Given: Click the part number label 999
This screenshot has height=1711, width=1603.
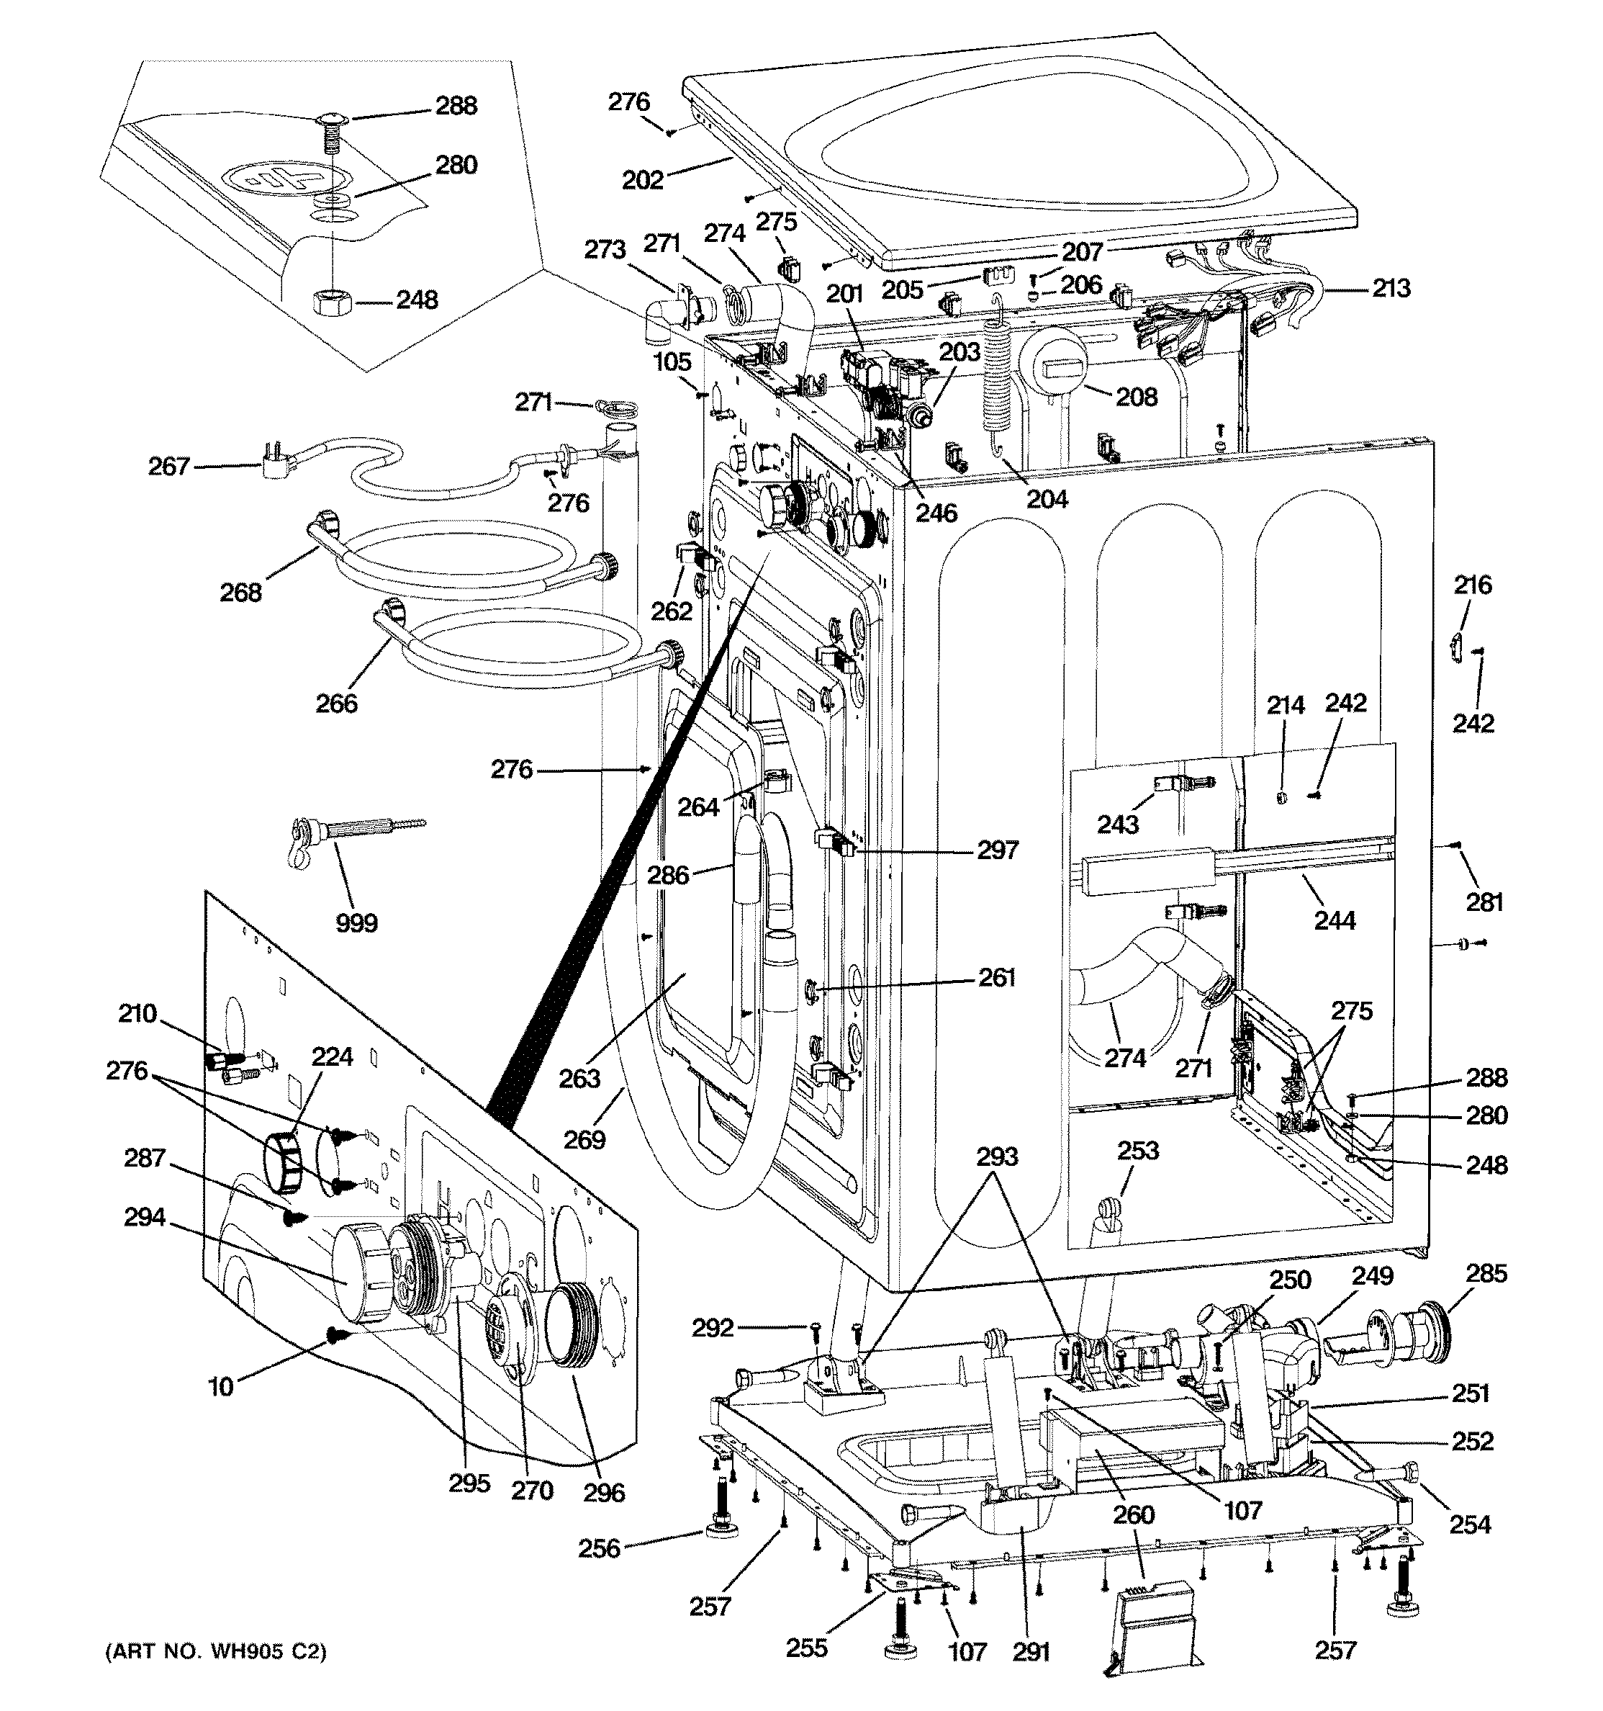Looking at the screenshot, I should [x=356, y=923].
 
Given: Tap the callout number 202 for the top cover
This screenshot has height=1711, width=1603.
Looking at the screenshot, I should [x=643, y=180].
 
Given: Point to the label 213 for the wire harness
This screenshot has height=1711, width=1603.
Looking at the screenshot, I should [x=1391, y=287].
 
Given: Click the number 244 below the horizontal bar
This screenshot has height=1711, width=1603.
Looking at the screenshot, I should [x=1335, y=921].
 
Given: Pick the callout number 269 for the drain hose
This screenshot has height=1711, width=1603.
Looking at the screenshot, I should [x=584, y=1141].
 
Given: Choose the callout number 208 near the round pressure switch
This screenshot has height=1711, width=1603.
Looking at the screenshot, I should [x=1136, y=397].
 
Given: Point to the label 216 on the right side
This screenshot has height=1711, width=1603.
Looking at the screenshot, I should [x=1472, y=585].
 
